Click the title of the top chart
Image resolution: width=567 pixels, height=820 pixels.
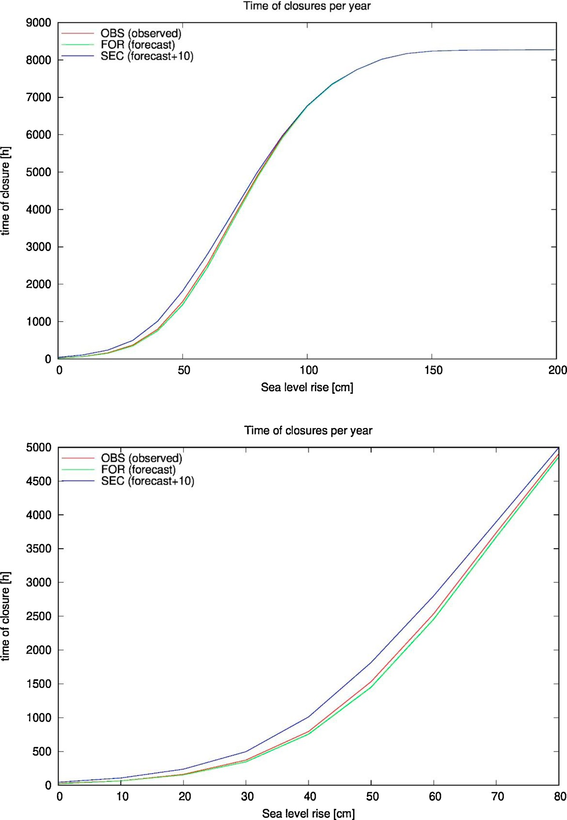(307, 6)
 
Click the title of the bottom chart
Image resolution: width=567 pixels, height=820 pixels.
(308, 431)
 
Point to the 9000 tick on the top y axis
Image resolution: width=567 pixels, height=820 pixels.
(38, 23)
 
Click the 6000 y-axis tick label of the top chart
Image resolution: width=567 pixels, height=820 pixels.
(38, 135)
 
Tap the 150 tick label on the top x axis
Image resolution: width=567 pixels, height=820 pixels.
(433, 370)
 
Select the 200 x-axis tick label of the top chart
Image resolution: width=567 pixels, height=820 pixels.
(557, 370)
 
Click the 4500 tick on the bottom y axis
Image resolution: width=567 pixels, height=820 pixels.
(39, 482)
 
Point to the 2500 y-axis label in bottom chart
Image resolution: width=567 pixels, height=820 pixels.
(39, 616)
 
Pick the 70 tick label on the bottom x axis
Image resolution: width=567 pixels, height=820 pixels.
(497, 797)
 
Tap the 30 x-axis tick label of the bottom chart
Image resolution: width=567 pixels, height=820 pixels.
(247, 797)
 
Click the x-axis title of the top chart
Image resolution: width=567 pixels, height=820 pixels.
(307, 388)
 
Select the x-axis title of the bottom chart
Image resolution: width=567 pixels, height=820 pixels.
(308, 814)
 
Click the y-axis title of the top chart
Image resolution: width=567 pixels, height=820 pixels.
(6, 191)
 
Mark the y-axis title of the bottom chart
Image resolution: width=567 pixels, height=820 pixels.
(6, 616)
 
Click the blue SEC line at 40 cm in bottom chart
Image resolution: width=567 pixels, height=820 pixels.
(309, 717)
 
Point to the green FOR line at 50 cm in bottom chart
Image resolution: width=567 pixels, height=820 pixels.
(371, 687)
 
